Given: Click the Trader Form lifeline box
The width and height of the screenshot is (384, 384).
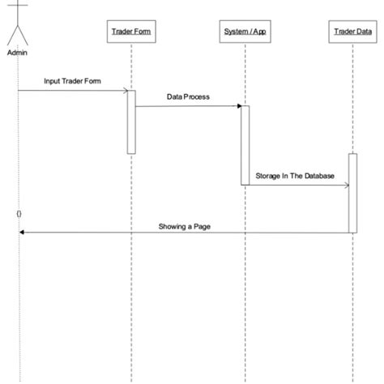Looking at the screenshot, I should pyautogui.click(x=130, y=32).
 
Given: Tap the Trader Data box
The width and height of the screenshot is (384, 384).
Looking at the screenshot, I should pyautogui.click(x=352, y=32).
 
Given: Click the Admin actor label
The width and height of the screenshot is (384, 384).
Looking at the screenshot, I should pyautogui.click(x=17, y=53).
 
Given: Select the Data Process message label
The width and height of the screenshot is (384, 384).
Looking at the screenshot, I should pyautogui.click(x=188, y=96).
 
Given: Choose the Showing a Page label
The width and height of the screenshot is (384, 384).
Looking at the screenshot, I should pyautogui.click(x=186, y=226).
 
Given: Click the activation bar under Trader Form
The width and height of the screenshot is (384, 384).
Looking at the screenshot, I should pyautogui.click(x=130, y=121).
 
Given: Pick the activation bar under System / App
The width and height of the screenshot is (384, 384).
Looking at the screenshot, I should pyautogui.click(x=244, y=144).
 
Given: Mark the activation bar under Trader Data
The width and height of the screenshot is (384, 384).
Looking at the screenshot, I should pyautogui.click(x=352, y=193).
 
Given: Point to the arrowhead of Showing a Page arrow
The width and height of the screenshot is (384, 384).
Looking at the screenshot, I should pyautogui.click(x=22, y=233).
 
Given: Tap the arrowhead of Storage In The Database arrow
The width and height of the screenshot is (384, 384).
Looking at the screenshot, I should pyautogui.click(x=346, y=185).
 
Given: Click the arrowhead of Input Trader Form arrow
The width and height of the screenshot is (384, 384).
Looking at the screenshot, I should pyautogui.click(x=124, y=90).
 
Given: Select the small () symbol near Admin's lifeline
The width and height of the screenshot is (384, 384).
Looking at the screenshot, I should pyautogui.click(x=19, y=213).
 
